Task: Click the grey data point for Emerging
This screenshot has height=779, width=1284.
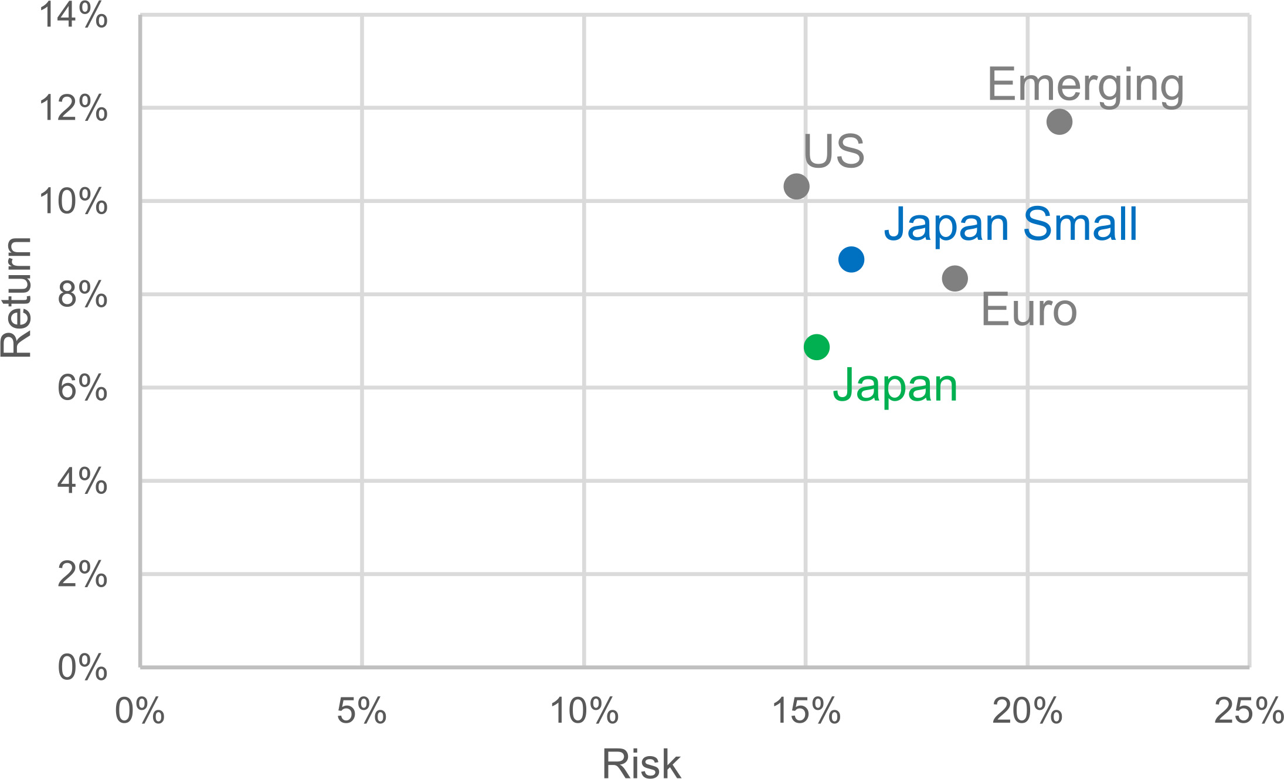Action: pyautogui.click(x=1059, y=122)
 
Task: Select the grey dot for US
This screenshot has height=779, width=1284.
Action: pyautogui.click(x=796, y=187)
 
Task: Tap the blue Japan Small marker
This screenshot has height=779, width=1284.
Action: pyautogui.click(x=851, y=259)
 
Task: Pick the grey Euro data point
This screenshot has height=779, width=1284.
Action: pyautogui.click(x=954, y=278)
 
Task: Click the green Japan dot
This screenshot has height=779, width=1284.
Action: pyautogui.click(x=816, y=347)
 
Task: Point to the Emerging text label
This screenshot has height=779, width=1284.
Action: pyautogui.click(x=1085, y=86)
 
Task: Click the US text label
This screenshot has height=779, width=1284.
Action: pyautogui.click(x=833, y=151)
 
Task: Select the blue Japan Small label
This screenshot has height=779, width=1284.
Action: pyautogui.click(x=1010, y=225)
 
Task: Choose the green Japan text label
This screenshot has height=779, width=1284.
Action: pyautogui.click(x=895, y=386)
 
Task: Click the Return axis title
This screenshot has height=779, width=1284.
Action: pyautogui.click(x=16, y=297)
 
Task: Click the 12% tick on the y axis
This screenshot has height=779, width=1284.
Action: pyautogui.click(x=73, y=109)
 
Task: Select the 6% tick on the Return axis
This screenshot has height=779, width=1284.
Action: pyautogui.click(x=82, y=388)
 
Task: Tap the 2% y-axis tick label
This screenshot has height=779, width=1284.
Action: pyautogui.click(x=82, y=575)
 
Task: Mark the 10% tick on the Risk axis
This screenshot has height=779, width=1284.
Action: pyautogui.click(x=584, y=712)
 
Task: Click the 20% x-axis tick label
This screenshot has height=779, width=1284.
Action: pyautogui.click(x=1027, y=712)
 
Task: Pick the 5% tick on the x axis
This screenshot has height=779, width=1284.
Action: pyautogui.click(x=362, y=712)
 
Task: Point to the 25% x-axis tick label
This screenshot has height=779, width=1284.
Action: pyautogui.click(x=1248, y=712)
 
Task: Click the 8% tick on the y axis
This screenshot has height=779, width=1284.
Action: pyautogui.click(x=82, y=295)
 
